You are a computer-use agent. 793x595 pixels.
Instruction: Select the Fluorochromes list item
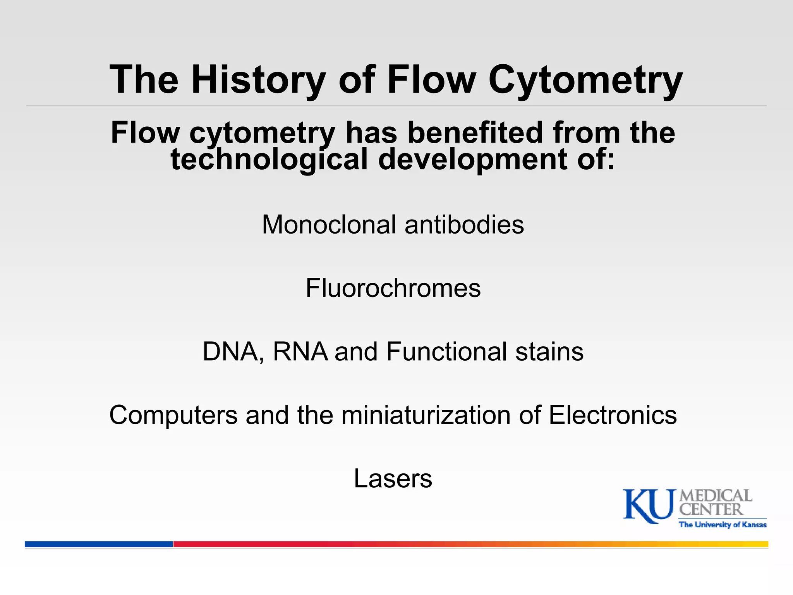click(393, 288)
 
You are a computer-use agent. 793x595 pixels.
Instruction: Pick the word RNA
click(300, 352)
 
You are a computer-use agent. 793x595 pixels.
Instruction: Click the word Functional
click(446, 352)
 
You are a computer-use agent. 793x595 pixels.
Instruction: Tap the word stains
click(549, 352)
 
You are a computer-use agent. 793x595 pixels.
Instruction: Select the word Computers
click(173, 415)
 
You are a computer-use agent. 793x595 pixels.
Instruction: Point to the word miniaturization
click(426, 415)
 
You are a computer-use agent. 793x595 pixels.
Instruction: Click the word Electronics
click(613, 415)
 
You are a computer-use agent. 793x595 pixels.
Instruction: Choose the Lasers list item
click(393, 479)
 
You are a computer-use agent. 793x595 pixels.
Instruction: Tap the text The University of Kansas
click(723, 525)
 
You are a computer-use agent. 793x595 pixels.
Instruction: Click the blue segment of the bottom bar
click(99, 544)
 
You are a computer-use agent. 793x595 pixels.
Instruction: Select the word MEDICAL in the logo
click(716, 496)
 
